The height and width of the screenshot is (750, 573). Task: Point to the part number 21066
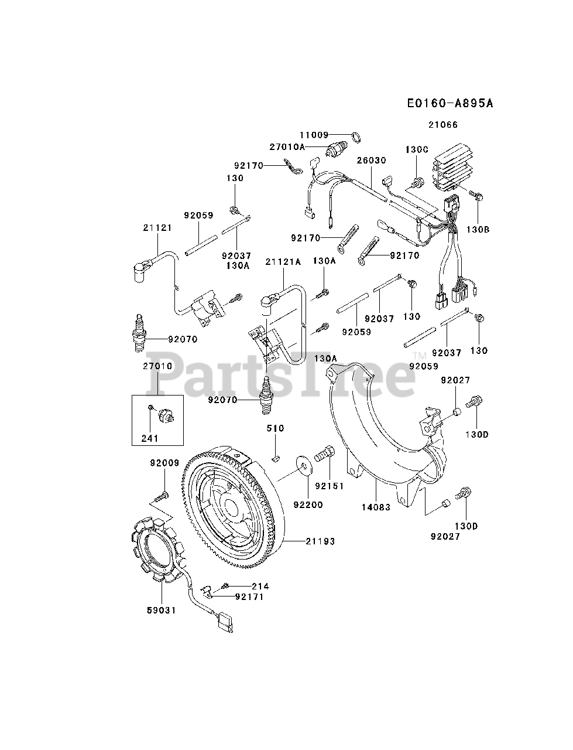[442, 124]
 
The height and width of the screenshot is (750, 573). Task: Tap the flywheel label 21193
[320, 541]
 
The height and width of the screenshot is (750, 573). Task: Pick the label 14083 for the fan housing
[376, 507]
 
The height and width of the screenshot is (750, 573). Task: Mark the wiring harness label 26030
[372, 159]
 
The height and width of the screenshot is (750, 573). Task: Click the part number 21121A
[283, 262]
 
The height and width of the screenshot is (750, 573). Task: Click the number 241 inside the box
[150, 437]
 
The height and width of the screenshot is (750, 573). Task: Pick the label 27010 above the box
[157, 366]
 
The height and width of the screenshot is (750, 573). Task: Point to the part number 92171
[249, 597]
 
